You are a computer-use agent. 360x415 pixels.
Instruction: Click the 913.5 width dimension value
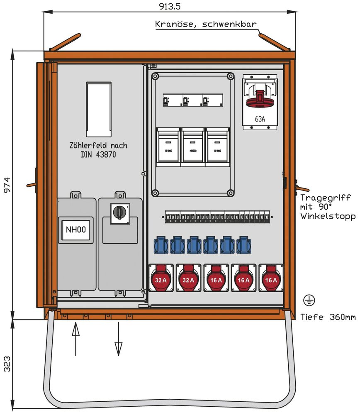pos(170,6)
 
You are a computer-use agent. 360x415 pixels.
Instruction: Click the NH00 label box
pos(76,229)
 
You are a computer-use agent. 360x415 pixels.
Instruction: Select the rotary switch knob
pos(120,212)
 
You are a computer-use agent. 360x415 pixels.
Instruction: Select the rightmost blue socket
pos(243,245)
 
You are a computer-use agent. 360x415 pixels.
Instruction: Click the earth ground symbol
pos(308,300)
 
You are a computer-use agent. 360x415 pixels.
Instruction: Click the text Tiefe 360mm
pos(328,317)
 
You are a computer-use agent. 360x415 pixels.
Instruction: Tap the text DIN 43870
pos(98,155)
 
